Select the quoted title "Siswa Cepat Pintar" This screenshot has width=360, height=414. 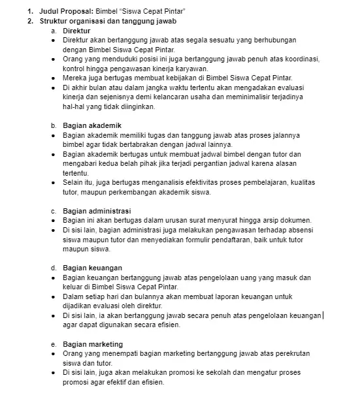pyautogui.click(x=154, y=12)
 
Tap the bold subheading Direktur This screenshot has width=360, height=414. pyautogui.click(x=76, y=31)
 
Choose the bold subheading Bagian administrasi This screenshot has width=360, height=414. pyautogui.click(x=97, y=211)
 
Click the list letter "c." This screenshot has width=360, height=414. pyautogui.click(x=54, y=211)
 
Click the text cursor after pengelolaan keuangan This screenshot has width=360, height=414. pyautogui.click(x=323, y=315)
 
